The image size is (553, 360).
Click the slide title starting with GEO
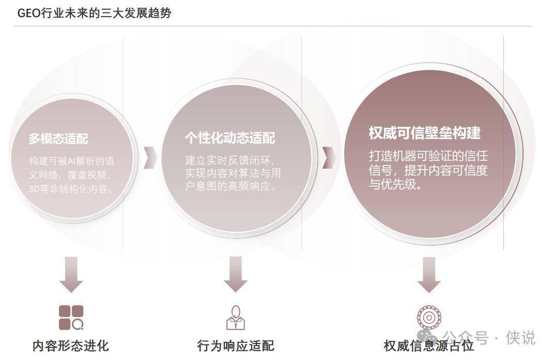(x=94, y=13)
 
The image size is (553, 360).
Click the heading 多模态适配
(x=58, y=139)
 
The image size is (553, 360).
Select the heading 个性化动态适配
(x=230, y=138)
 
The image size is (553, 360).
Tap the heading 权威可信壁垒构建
(x=424, y=133)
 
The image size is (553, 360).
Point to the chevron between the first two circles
(x=151, y=157)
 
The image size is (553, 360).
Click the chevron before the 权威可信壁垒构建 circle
(x=328, y=157)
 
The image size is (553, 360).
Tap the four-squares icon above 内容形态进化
(x=71, y=317)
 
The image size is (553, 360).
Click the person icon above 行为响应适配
(x=235, y=317)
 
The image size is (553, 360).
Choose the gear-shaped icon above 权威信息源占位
(x=428, y=317)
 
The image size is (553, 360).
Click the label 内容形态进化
(x=71, y=346)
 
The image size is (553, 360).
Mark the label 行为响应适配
(x=235, y=346)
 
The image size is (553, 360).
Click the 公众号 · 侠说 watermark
(x=490, y=338)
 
